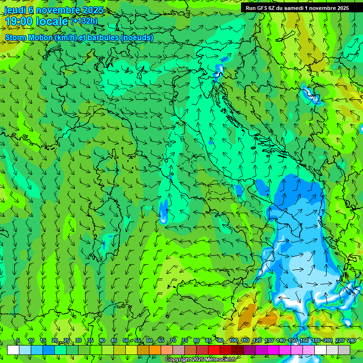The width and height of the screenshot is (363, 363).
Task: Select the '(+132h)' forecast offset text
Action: pos(84,21)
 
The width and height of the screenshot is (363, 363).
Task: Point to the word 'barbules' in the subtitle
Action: pos(104,38)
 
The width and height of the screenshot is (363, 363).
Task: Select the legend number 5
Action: pos(17,341)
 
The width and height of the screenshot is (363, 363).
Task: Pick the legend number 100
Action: pos(233,341)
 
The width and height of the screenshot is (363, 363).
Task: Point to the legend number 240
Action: pos(352,341)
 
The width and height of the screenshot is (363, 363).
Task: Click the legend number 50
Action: pos(126,341)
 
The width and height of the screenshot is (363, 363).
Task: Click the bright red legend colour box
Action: pos(214,350)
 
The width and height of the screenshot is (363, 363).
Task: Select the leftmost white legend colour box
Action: pos(13,350)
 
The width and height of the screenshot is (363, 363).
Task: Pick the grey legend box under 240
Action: pos(344,350)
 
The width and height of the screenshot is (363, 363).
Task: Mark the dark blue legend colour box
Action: pos(49,350)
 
